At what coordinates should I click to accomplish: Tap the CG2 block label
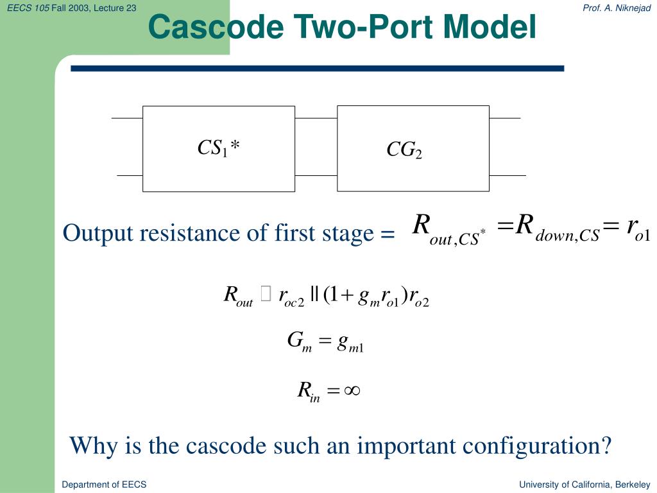[404, 150]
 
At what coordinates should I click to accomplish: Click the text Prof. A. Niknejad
[617, 7]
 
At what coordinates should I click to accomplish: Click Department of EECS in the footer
[104, 485]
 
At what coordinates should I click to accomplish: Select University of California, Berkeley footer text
[584, 485]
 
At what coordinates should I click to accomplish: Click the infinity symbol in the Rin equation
[351, 390]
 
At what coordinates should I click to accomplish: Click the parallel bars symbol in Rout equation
[314, 295]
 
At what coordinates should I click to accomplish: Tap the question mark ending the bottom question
[605, 445]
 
